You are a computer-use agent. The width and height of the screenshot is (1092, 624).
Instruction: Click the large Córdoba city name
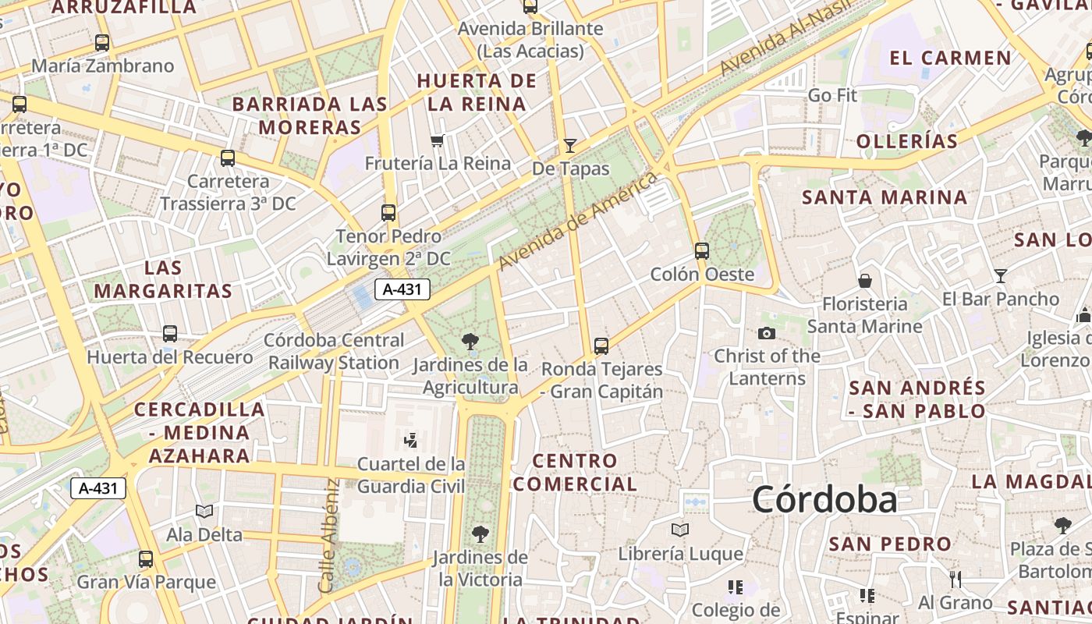point(824,499)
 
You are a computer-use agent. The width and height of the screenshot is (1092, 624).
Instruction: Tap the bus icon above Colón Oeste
point(702,250)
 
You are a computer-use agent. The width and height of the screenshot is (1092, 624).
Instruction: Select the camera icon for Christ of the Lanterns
point(767,333)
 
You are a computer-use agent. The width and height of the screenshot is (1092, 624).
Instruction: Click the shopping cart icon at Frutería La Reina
point(437,140)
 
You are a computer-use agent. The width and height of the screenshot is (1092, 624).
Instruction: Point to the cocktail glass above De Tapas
point(570,145)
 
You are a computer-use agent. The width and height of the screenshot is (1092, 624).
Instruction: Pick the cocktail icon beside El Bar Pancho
point(1001,275)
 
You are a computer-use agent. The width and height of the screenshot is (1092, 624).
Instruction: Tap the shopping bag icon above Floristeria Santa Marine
point(864,281)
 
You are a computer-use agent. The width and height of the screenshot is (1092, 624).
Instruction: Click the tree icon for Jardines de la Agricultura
point(470,341)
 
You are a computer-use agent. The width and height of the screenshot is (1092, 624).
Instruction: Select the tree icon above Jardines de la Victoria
point(480,534)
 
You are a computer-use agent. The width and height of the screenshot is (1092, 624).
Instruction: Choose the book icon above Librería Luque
point(680,530)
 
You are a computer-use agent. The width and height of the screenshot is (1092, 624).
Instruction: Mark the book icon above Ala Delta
point(204,512)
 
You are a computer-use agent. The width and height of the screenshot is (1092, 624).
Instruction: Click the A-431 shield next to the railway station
point(402,289)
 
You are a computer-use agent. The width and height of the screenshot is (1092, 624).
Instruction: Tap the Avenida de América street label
point(577,222)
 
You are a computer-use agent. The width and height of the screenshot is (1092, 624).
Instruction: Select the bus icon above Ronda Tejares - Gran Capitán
point(601,346)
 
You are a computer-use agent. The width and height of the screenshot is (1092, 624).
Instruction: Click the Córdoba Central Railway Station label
point(334,352)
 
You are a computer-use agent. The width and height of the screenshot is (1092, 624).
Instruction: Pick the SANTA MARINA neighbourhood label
point(885,197)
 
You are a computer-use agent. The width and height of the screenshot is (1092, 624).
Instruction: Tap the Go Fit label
point(832,96)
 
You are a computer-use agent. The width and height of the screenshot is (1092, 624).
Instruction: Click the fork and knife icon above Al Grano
point(955,579)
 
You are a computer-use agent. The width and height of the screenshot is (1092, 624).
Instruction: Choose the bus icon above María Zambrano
point(101,42)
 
